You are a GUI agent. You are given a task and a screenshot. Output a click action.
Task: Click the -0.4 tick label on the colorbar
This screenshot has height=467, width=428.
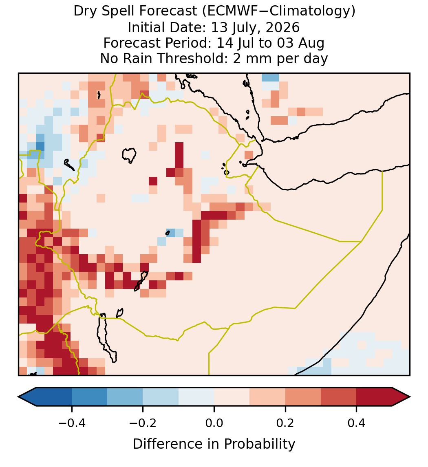click(x=71, y=423)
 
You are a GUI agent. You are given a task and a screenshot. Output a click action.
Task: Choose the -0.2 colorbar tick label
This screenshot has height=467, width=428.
click(x=143, y=423)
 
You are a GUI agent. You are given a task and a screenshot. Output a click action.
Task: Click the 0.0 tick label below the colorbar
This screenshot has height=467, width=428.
click(x=214, y=423)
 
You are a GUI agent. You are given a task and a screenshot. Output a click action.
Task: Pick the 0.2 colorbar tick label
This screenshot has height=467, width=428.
click(x=285, y=423)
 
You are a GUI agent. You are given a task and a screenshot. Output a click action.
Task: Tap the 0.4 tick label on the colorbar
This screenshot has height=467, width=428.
click(x=357, y=423)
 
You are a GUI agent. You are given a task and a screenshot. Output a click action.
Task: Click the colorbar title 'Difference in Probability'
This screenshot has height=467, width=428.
click(x=214, y=444)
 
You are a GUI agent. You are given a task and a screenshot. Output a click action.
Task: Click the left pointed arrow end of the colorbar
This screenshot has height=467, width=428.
click(x=27, y=397)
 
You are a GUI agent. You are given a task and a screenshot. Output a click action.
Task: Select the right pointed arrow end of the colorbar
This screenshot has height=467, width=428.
click(x=401, y=397)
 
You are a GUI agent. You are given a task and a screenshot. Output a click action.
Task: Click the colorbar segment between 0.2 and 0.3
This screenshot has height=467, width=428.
click(x=303, y=397)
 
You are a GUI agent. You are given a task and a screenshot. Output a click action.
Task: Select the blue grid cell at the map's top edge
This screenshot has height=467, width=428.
click(x=270, y=77)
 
